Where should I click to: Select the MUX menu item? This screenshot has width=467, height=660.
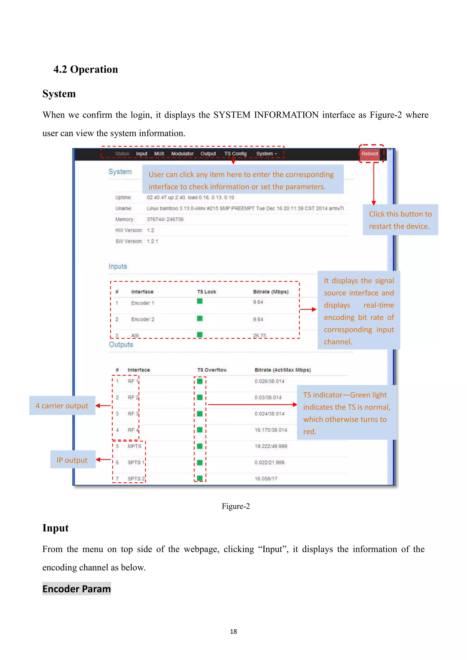tap(159, 154)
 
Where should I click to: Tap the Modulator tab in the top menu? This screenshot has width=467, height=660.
tap(182, 154)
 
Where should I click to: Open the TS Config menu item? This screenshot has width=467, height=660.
tap(235, 154)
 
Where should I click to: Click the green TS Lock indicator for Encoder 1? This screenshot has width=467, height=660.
tap(200, 301)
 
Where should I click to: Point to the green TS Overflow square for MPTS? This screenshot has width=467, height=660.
tap(200, 446)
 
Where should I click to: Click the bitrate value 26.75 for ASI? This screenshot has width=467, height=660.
tap(259, 335)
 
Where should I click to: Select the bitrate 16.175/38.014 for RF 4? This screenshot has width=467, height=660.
tap(271, 430)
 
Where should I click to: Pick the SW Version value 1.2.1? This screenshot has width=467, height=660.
tap(152, 241)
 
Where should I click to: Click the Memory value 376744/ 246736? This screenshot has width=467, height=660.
tap(165, 219)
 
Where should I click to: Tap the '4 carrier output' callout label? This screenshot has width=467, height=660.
tap(62, 406)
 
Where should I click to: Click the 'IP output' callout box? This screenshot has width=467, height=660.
tap(73, 460)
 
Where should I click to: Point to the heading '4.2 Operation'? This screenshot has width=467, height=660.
tap(86, 69)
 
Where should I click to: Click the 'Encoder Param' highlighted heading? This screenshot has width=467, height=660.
tap(76, 589)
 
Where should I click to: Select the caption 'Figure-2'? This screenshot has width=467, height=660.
tap(236, 506)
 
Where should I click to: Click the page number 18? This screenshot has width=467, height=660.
tap(233, 632)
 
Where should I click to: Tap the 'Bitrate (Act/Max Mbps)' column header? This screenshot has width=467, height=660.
tap(282, 370)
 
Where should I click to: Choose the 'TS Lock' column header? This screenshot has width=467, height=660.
tap(206, 292)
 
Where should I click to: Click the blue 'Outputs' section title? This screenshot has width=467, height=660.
tap(121, 344)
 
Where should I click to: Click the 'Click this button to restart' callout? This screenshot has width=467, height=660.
tap(400, 220)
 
